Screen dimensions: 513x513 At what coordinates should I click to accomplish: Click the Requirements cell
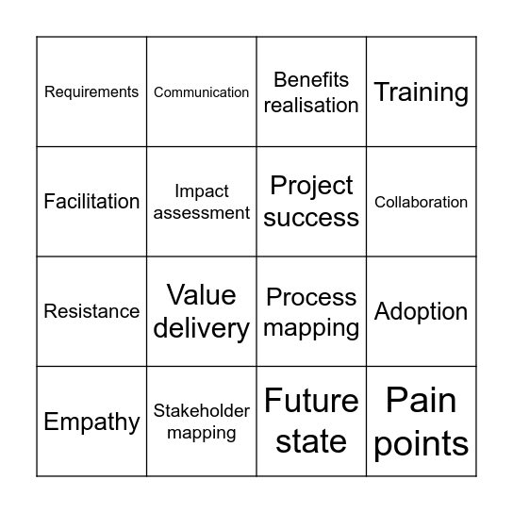[x=91, y=92]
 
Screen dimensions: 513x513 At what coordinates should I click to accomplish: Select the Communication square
[x=202, y=92]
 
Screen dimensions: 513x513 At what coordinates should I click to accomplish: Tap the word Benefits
[x=311, y=80]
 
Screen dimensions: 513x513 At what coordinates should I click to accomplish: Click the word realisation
[x=311, y=105]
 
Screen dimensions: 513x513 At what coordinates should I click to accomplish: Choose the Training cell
[x=422, y=92]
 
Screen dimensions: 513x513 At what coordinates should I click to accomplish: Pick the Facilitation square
[x=91, y=202]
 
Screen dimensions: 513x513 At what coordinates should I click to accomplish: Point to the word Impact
[x=202, y=191]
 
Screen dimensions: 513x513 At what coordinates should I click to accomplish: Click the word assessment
[x=202, y=213]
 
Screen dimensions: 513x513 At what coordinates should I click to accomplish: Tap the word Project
[x=311, y=186]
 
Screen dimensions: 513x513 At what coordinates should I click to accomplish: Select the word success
[x=311, y=218]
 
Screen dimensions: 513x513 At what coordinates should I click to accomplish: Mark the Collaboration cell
[x=422, y=202]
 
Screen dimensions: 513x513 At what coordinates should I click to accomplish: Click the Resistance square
[x=91, y=311]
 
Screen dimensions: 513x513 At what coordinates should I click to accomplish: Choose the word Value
[x=202, y=295]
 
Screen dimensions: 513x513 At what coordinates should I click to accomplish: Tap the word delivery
[x=202, y=328]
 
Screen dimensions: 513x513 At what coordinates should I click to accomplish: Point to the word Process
[x=311, y=297]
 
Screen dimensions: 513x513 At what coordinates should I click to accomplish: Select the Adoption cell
[x=422, y=311]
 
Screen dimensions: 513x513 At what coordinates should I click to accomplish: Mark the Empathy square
[x=91, y=422]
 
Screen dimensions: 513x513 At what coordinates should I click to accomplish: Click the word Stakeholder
[x=202, y=411]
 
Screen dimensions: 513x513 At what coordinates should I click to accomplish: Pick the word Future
[x=311, y=402]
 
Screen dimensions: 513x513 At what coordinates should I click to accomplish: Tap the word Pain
[x=422, y=402]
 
